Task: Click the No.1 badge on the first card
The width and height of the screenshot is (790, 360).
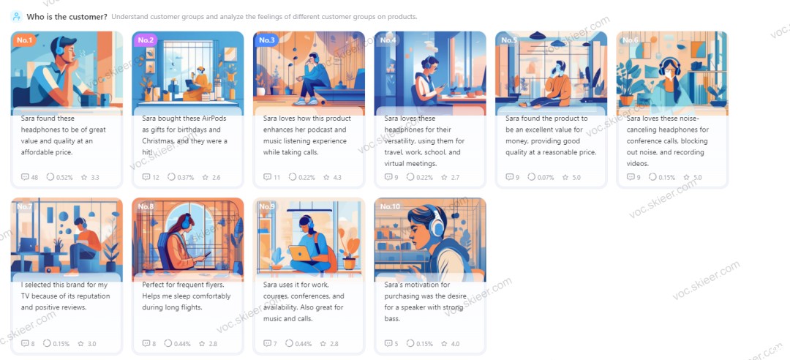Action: [x=23, y=40]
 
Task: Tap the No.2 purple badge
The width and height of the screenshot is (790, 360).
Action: [x=145, y=40]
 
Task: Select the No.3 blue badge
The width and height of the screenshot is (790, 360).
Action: [x=266, y=40]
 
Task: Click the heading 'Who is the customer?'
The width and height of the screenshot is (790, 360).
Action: [x=67, y=17]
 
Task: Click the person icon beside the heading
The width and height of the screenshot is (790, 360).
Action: [x=17, y=17]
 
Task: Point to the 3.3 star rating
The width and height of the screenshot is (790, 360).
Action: [x=94, y=178]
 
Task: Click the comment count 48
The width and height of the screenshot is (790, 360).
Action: [x=34, y=178]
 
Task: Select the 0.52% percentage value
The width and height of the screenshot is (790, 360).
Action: [x=64, y=178]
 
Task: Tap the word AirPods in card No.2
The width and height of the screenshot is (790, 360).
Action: [x=212, y=119]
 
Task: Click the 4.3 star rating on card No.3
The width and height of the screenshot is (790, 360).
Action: [x=336, y=178]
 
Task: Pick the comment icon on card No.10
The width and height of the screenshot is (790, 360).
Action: [x=388, y=344]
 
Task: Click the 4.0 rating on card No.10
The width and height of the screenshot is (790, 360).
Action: [x=455, y=344]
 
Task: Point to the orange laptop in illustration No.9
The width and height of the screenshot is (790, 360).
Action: [x=301, y=254]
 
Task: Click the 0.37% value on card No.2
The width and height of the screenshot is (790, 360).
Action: [x=185, y=178]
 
